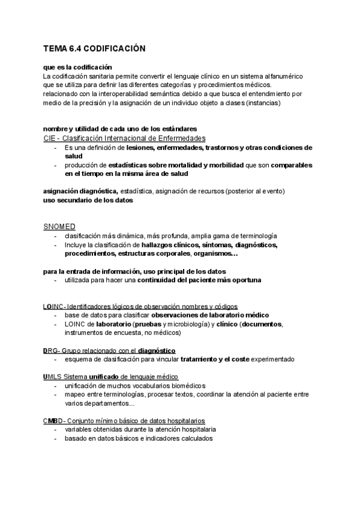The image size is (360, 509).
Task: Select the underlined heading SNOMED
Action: click(59, 226)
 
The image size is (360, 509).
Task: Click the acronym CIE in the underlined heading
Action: click(50, 138)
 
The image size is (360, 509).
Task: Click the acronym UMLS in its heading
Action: click(52, 376)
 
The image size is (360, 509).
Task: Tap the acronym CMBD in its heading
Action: click(53, 421)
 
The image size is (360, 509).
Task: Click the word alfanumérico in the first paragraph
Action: click(283, 76)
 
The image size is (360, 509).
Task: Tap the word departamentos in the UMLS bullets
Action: click(92, 403)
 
